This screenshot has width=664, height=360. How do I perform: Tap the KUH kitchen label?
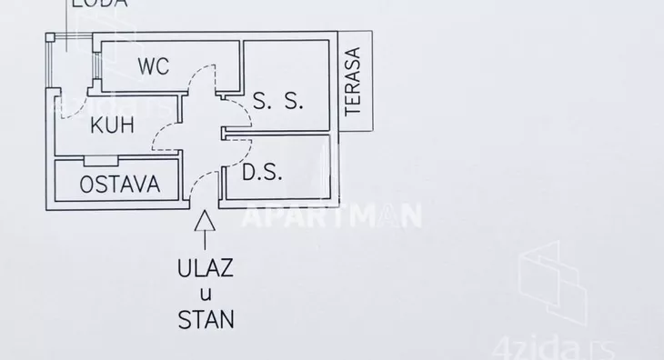click(113, 125)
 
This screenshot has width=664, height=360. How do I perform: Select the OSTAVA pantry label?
click(119, 185)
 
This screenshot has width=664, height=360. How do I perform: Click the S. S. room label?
click(277, 101)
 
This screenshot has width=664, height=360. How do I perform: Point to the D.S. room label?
click(263, 172)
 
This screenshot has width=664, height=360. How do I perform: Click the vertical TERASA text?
click(353, 80)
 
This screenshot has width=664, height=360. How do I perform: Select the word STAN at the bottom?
click(206, 319)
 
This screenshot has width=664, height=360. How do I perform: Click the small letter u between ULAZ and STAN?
click(206, 294)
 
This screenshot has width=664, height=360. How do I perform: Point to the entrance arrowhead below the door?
click(206, 219)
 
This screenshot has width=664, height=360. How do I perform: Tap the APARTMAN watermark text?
click(331, 215)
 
